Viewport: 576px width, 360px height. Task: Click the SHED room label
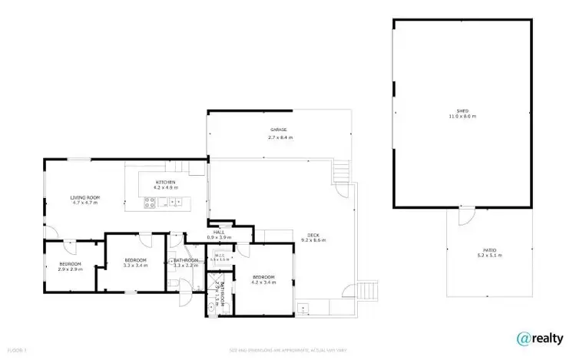click(x=462, y=111)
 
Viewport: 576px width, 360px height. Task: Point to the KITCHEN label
click(x=165, y=182)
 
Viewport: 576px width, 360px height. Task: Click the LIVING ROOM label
click(x=86, y=197)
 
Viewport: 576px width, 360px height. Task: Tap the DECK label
click(x=313, y=235)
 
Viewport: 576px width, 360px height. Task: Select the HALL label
click(x=218, y=232)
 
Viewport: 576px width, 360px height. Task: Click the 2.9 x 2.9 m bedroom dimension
click(x=70, y=270)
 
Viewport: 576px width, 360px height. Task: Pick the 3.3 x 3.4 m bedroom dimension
click(x=135, y=266)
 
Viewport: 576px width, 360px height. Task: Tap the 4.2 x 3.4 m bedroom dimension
click(x=263, y=282)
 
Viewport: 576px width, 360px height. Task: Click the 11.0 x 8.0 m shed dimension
click(x=462, y=117)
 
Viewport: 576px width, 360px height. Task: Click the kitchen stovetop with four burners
click(x=151, y=203)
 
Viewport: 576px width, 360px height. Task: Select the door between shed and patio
click(x=463, y=216)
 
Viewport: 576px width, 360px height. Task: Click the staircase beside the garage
click(x=341, y=171)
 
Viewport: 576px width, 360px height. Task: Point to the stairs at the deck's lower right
click(x=369, y=290)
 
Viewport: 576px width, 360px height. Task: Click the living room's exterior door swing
click(x=50, y=232)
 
